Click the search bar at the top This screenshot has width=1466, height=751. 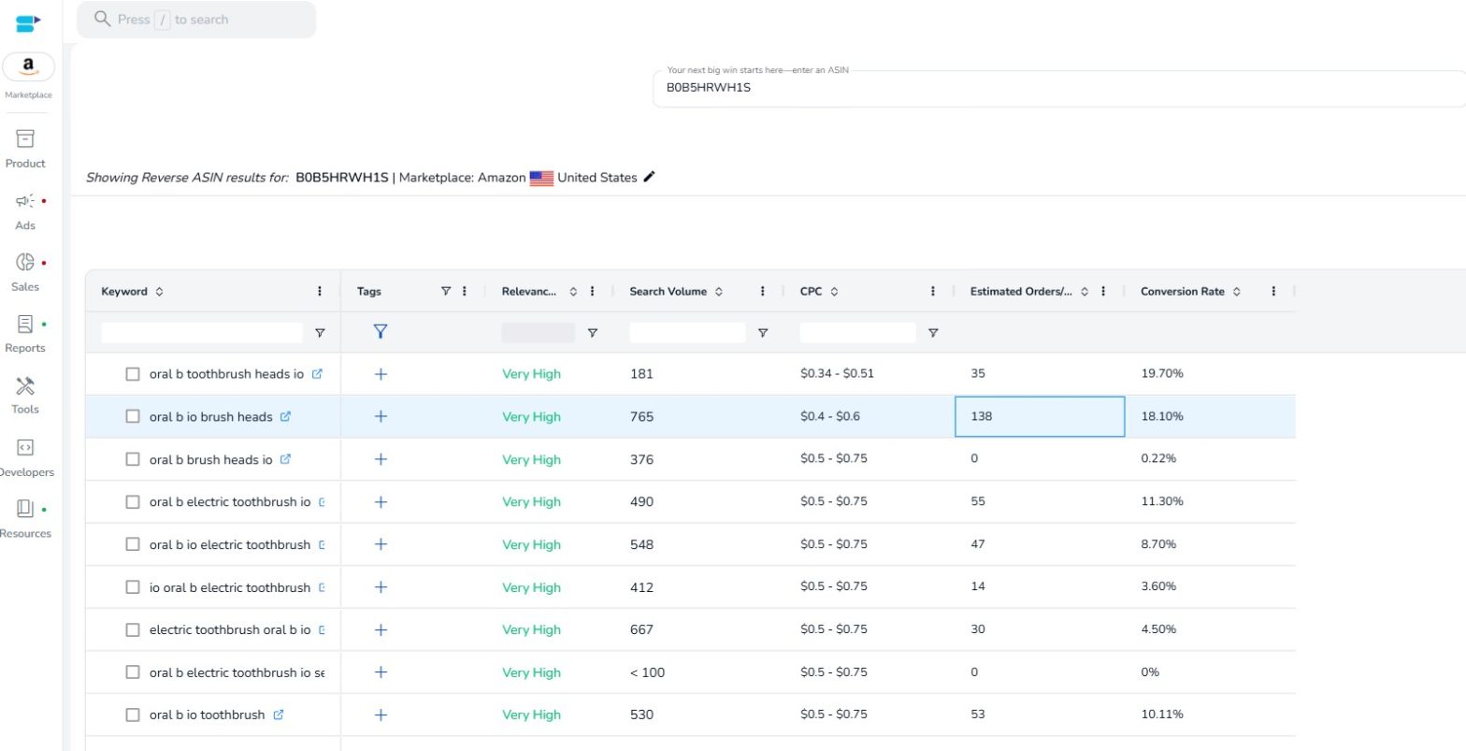coord(196,20)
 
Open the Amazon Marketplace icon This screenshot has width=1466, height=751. coord(29,66)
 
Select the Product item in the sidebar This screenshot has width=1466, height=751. coord(25,148)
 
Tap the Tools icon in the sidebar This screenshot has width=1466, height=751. coord(25,395)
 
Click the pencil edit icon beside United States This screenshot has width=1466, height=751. coord(650,177)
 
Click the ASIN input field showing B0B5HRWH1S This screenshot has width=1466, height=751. coord(1056,89)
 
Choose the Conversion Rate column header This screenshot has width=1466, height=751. coord(1182,292)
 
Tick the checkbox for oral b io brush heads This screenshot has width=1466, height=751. coord(133,416)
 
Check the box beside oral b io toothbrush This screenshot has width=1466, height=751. coord(133,715)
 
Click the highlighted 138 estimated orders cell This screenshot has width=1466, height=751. coord(1039,416)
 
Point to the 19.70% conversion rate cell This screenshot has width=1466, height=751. coord(1162,373)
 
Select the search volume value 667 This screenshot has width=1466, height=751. coord(641,629)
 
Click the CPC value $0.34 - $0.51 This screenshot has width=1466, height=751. coord(837,373)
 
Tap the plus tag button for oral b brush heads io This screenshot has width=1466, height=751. coord(381,459)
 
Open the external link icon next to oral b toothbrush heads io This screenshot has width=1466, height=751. coord(317,373)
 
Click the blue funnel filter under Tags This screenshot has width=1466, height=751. coord(381,331)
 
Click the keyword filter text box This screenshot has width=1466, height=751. coord(201,332)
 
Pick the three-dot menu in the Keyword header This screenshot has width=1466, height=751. coord(320,292)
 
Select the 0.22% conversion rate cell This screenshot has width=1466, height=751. coord(1158,459)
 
